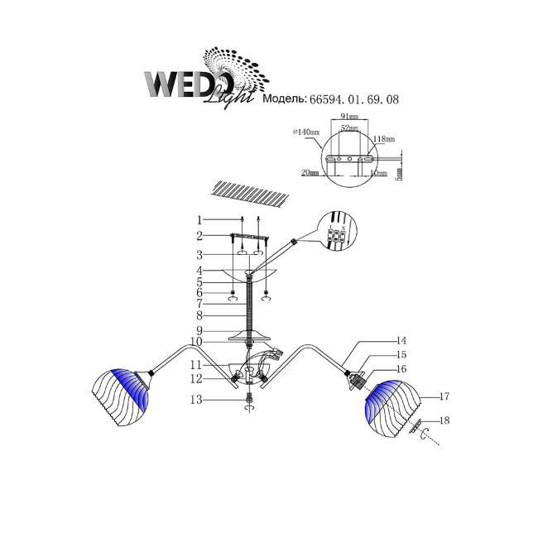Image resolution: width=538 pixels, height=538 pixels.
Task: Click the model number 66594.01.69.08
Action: tap(355, 99)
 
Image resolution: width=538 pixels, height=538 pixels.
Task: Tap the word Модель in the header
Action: tap(285, 99)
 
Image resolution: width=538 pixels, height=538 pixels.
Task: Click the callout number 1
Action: tap(199, 220)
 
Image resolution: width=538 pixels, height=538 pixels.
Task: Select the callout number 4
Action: tap(199, 270)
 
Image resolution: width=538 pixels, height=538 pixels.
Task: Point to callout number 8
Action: tap(199, 315)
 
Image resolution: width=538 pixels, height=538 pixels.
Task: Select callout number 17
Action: tap(444, 396)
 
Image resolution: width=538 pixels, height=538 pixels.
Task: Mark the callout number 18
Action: tap(444, 421)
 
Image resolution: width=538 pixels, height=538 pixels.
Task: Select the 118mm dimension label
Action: tap(384, 139)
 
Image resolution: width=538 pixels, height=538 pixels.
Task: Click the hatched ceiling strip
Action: tap(248, 195)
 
